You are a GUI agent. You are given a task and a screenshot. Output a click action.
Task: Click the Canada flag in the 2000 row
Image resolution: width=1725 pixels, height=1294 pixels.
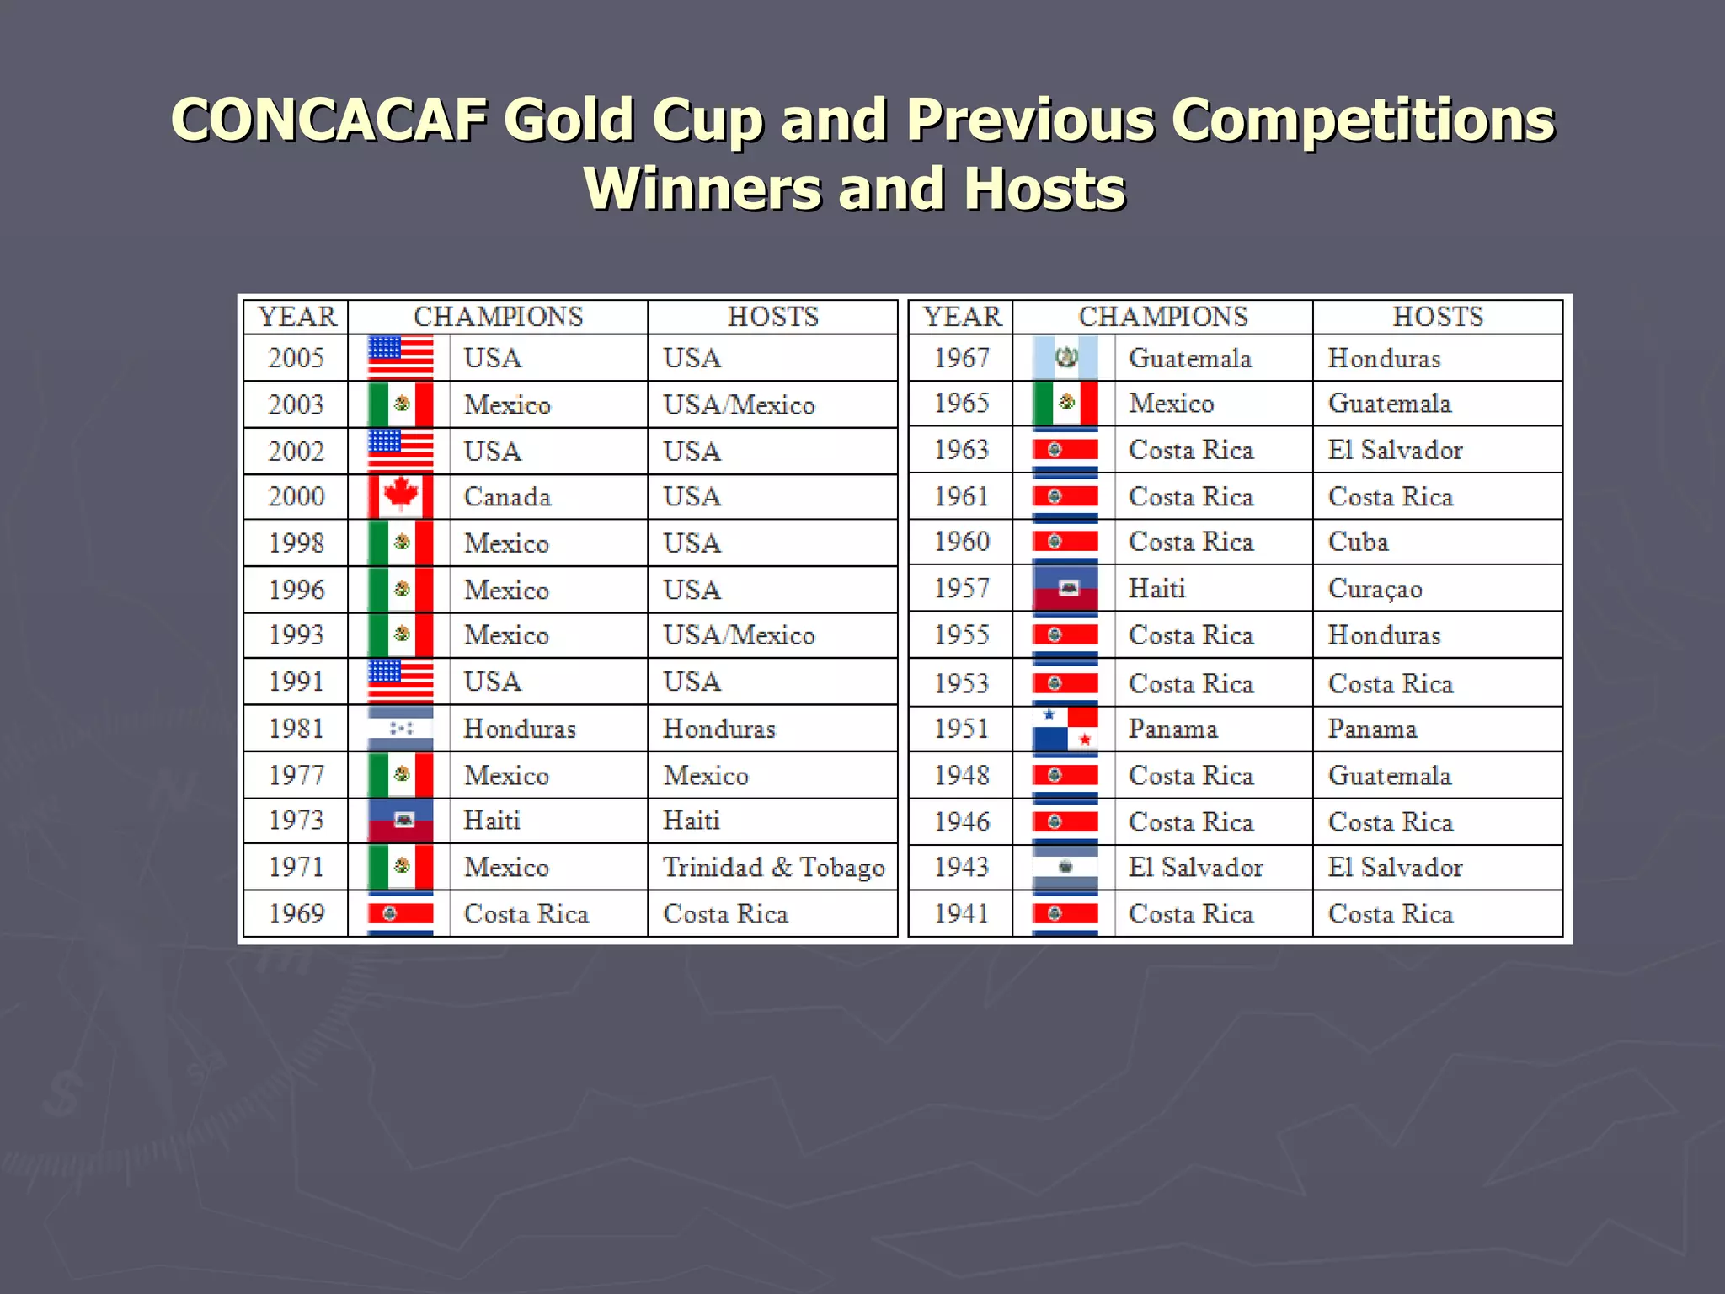coord(401,496)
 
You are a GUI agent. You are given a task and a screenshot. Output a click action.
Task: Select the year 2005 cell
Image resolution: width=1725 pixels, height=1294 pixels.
coord(296,358)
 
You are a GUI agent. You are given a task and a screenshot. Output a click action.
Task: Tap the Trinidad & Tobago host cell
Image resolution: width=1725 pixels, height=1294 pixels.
coord(773,867)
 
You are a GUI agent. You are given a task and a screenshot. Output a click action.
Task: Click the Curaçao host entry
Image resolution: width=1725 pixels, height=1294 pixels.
coord(1375,588)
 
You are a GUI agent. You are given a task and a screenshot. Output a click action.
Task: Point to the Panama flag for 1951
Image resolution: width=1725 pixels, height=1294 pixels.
coord(1065,729)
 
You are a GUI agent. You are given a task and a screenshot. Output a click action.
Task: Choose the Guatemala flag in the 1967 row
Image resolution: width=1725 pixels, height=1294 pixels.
coord(1065,358)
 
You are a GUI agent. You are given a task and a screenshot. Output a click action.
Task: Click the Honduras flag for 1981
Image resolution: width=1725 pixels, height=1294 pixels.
coord(401,729)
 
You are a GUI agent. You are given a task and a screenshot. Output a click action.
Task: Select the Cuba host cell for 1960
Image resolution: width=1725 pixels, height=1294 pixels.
coord(1358,542)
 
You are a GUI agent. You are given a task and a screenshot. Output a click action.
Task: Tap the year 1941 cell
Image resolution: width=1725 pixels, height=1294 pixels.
coord(961,914)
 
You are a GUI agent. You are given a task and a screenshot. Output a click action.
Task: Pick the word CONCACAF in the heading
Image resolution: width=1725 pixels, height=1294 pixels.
coord(329,119)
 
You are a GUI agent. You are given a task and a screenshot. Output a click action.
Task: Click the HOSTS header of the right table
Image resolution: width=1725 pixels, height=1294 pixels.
coord(1437,317)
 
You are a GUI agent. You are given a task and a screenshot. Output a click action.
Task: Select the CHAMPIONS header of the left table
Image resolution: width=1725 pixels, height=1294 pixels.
coord(498,317)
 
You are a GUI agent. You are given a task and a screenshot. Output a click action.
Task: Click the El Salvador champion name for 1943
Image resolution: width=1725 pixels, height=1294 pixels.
coord(1195,867)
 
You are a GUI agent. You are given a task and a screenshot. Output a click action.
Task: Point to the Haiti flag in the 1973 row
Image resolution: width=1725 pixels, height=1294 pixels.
coord(401,821)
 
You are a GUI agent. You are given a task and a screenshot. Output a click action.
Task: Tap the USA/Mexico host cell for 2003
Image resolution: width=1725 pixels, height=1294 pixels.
coord(739,405)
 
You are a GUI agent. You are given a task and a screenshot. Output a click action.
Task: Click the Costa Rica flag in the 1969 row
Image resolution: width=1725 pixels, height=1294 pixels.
coord(401,914)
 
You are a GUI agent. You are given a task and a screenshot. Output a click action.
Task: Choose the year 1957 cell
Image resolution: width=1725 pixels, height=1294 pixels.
coord(961,588)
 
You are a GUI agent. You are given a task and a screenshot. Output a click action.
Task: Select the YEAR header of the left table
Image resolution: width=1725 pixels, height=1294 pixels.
coord(296,317)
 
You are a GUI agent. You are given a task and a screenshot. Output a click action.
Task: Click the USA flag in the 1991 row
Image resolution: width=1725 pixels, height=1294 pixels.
coord(401,682)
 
